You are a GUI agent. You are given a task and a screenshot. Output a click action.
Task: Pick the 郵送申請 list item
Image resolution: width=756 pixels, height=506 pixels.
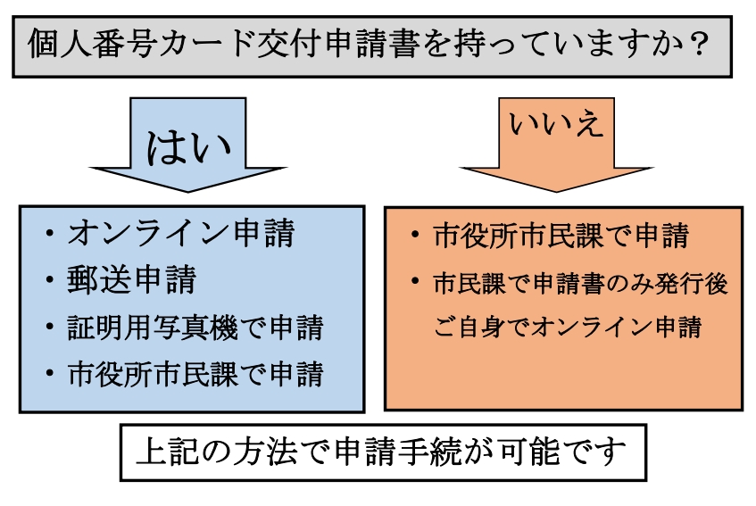131,280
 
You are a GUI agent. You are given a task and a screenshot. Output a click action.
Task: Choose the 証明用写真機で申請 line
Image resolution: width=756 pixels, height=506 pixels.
195,327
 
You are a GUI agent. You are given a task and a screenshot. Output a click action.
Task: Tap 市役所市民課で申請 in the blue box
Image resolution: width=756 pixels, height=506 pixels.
195,374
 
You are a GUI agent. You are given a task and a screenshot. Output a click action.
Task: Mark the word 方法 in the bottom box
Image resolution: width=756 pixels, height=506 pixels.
253,453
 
